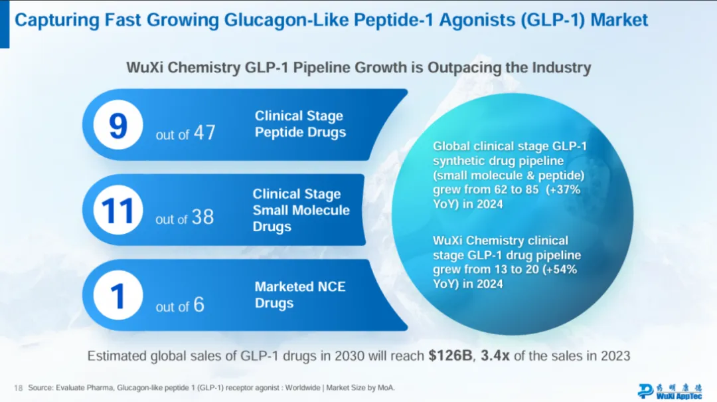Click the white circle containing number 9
click(118, 126)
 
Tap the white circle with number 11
click(118, 210)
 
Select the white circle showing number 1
click(118, 296)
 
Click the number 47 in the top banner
click(204, 133)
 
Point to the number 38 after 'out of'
click(203, 217)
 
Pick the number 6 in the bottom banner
click(199, 305)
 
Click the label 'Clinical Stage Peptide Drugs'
click(300, 124)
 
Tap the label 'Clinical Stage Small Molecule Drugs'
click(301, 210)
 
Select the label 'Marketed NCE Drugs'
click(300, 295)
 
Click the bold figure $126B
click(450, 356)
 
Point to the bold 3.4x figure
click(495, 356)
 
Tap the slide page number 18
click(18, 387)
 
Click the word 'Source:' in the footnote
click(42, 387)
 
